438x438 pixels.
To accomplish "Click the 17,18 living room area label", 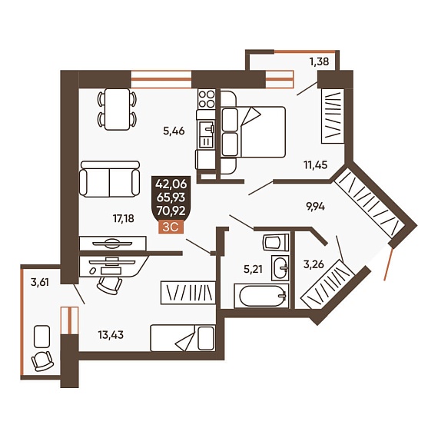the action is pos(124,219).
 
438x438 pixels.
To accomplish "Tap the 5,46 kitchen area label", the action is pos(174,131).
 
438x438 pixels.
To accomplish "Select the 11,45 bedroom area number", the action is pos(315,164).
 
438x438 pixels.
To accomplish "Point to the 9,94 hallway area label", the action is pos(315,207).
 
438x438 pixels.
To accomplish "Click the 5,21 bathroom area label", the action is pos(253,269).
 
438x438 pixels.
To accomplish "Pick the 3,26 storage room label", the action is pos(314,264).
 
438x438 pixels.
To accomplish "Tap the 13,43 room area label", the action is pos(111,334).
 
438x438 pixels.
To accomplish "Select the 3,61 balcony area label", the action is pos(40,283).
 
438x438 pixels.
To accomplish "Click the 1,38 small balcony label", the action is pos(319,61).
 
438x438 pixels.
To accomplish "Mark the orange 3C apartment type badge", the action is pos(171,227).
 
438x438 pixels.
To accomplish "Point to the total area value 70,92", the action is pos(171,211).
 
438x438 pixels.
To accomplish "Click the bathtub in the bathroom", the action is pos(261,296).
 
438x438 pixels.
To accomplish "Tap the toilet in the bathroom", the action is pos(276,242).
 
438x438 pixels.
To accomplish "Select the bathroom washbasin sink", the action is pos(280,267).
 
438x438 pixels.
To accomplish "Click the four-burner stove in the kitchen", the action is pos(207,99).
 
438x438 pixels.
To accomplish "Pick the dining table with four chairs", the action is pos(118,109).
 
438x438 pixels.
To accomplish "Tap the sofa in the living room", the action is pos(109,179).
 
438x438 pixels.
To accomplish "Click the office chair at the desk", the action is pos(109,285).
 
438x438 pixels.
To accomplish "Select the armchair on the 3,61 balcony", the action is pos(42,360).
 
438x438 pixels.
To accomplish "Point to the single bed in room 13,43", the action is pos(183,338).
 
